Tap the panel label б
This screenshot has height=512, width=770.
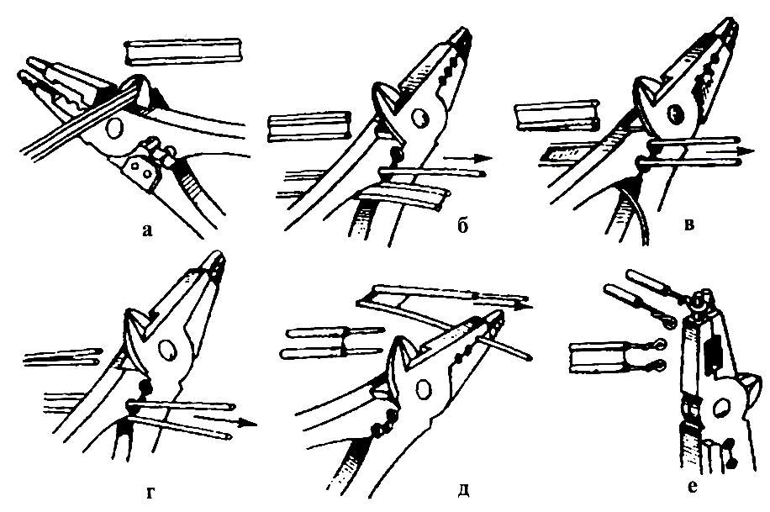(x=463, y=228)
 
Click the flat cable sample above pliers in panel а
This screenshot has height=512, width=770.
(x=181, y=53)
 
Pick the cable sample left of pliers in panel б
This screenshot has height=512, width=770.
(x=308, y=127)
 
